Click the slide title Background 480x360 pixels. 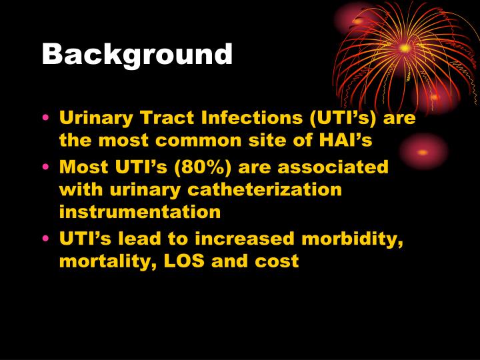click(x=137, y=55)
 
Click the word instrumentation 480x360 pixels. click(x=140, y=212)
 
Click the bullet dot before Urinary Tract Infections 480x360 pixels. click(x=45, y=119)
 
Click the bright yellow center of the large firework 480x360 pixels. click(x=405, y=48)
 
